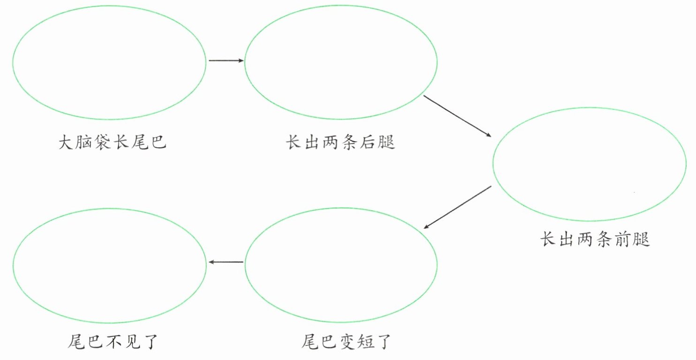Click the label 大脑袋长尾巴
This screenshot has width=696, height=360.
[112, 142]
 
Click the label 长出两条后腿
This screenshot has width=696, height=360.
[340, 142]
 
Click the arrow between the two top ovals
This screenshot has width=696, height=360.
[226, 60]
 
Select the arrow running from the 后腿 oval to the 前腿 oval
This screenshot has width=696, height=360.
[457, 116]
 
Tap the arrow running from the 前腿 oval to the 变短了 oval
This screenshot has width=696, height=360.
[457, 207]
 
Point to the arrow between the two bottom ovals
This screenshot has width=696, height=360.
[226, 262]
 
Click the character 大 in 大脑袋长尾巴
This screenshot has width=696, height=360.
[66, 142]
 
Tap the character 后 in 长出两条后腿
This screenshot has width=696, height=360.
[368, 142]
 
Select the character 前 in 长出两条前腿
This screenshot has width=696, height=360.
[623, 240]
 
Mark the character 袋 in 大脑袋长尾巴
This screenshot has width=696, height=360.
[103, 142]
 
